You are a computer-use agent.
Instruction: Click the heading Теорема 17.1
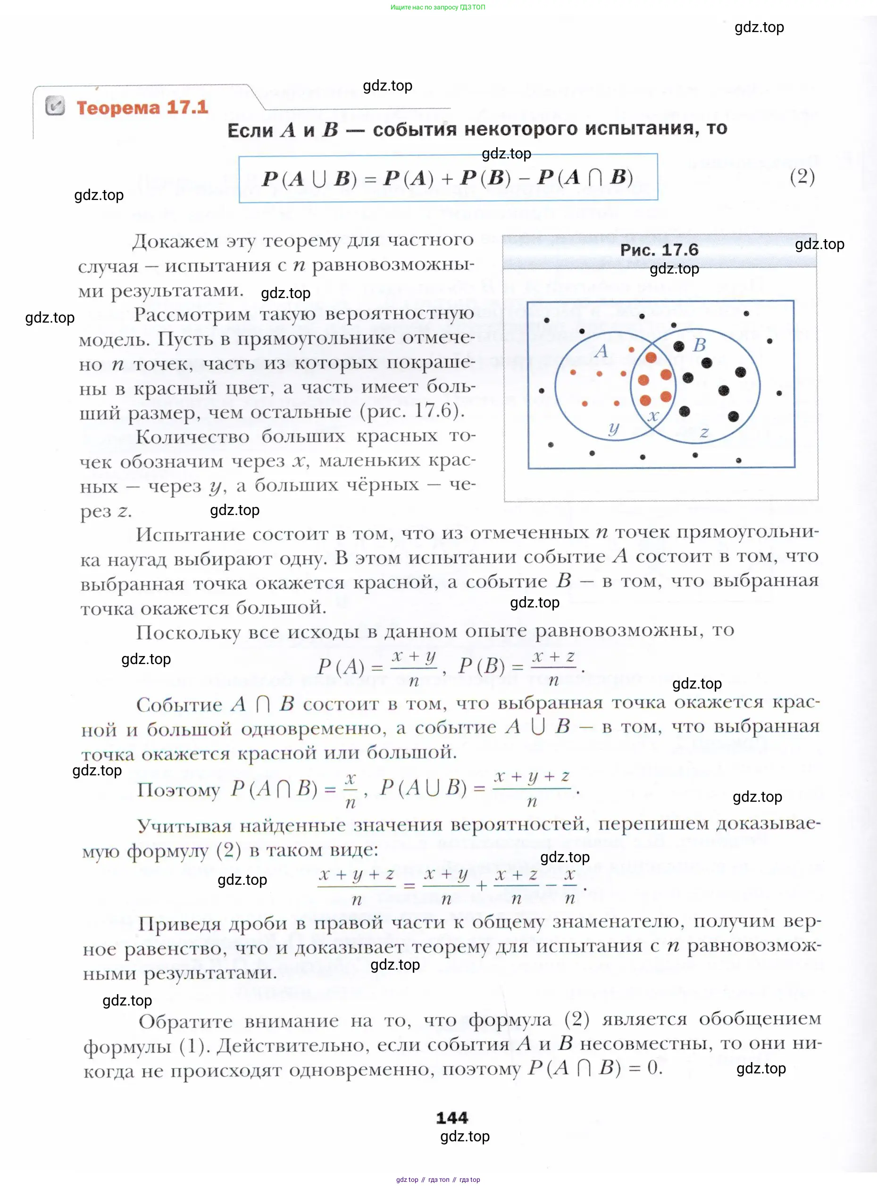point(142,108)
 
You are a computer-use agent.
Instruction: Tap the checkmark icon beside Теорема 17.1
point(55,106)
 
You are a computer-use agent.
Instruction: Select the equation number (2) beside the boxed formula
point(802,176)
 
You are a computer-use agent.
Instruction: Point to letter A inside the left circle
point(601,351)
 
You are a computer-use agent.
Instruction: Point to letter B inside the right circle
point(699,345)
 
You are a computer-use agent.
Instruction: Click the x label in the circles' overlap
point(653,415)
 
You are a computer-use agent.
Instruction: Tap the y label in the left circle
point(614,428)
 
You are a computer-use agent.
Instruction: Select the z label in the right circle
point(704,432)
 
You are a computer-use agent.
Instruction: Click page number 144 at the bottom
point(452,1117)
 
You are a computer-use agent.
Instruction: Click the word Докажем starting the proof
point(175,241)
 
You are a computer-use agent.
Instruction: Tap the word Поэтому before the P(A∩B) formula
point(178,790)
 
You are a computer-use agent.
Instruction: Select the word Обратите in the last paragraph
point(185,1022)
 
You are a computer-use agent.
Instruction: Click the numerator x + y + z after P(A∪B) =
point(531,777)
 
